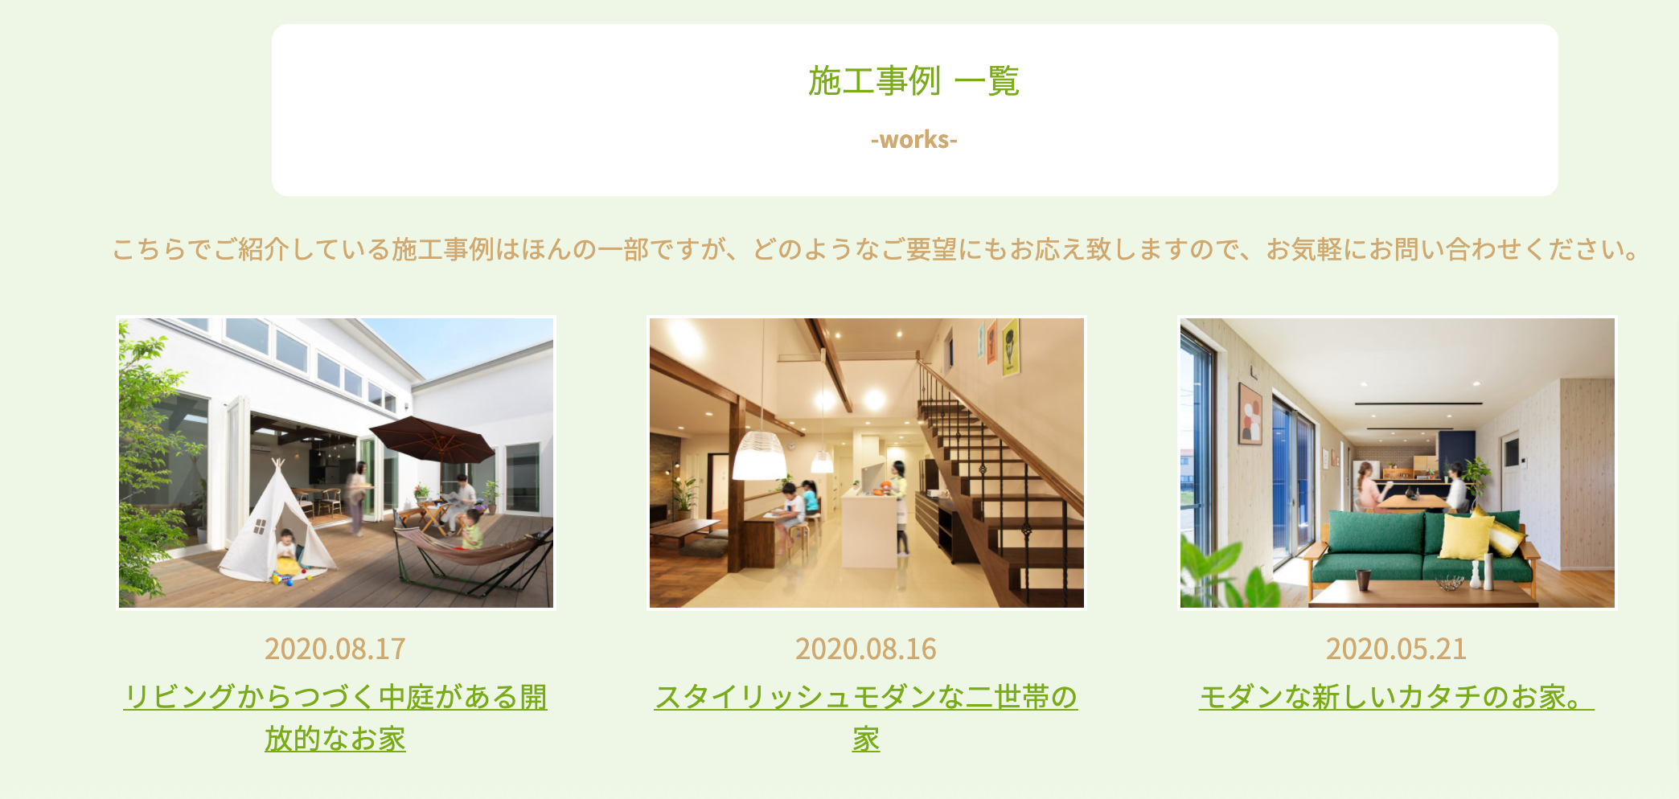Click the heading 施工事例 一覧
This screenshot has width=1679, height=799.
914,80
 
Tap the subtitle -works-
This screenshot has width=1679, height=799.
914,140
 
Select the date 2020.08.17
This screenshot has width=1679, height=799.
335,649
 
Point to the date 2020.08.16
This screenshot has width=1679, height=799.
866,649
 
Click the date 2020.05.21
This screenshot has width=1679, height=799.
1397,649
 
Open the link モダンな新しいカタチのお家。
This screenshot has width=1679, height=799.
1397,697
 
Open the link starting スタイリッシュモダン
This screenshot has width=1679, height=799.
866,717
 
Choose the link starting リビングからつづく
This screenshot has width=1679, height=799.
335,717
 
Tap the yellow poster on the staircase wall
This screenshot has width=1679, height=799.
1011,348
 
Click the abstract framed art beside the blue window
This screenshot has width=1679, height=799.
1250,413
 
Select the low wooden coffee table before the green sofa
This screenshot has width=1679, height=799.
1423,593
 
